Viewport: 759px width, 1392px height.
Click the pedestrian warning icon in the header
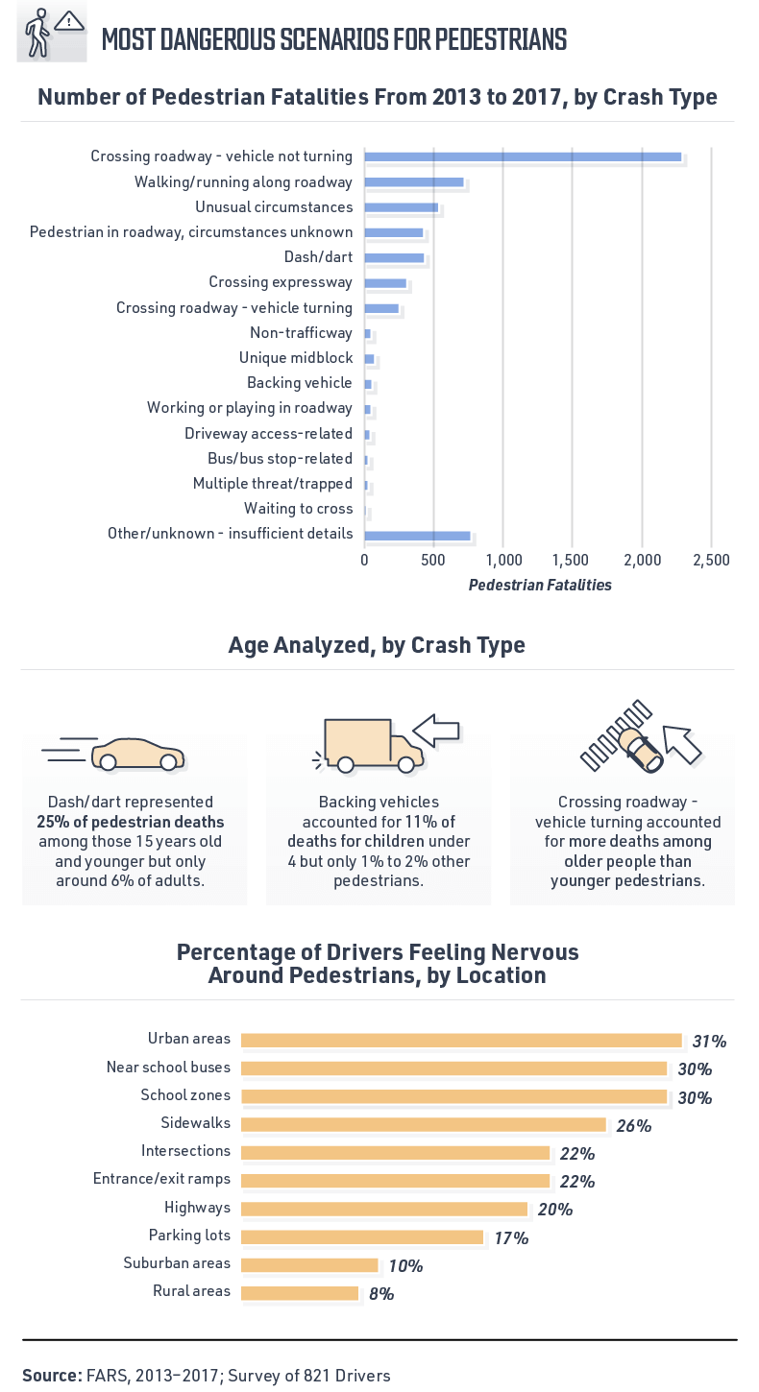click(52, 34)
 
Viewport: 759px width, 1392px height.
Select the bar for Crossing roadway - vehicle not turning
click(523, 156)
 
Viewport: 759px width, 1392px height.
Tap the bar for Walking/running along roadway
click(414, 182)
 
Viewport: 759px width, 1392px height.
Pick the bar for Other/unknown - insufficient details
click(417, 536)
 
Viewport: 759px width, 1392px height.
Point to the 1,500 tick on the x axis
click(572, 560)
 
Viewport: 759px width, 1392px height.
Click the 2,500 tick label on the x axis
click(710, 560)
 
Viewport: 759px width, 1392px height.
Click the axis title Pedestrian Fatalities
click(540, 585)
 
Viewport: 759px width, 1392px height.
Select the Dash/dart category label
click(318, 257)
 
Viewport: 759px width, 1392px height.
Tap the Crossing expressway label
click(281, 282)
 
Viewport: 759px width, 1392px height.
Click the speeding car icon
click(115, 753)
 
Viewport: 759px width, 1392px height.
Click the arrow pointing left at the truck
click(443, 729)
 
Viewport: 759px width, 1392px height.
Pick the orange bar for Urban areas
click(461, 1040)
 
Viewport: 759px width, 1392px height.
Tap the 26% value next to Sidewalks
click(634, 1125)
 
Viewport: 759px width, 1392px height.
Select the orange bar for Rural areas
click(300, 1293)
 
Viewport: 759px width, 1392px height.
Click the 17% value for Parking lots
click(511, 1237)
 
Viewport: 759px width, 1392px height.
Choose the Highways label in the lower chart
click(197, 1207)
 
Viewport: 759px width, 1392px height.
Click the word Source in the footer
click(52, 1376)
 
